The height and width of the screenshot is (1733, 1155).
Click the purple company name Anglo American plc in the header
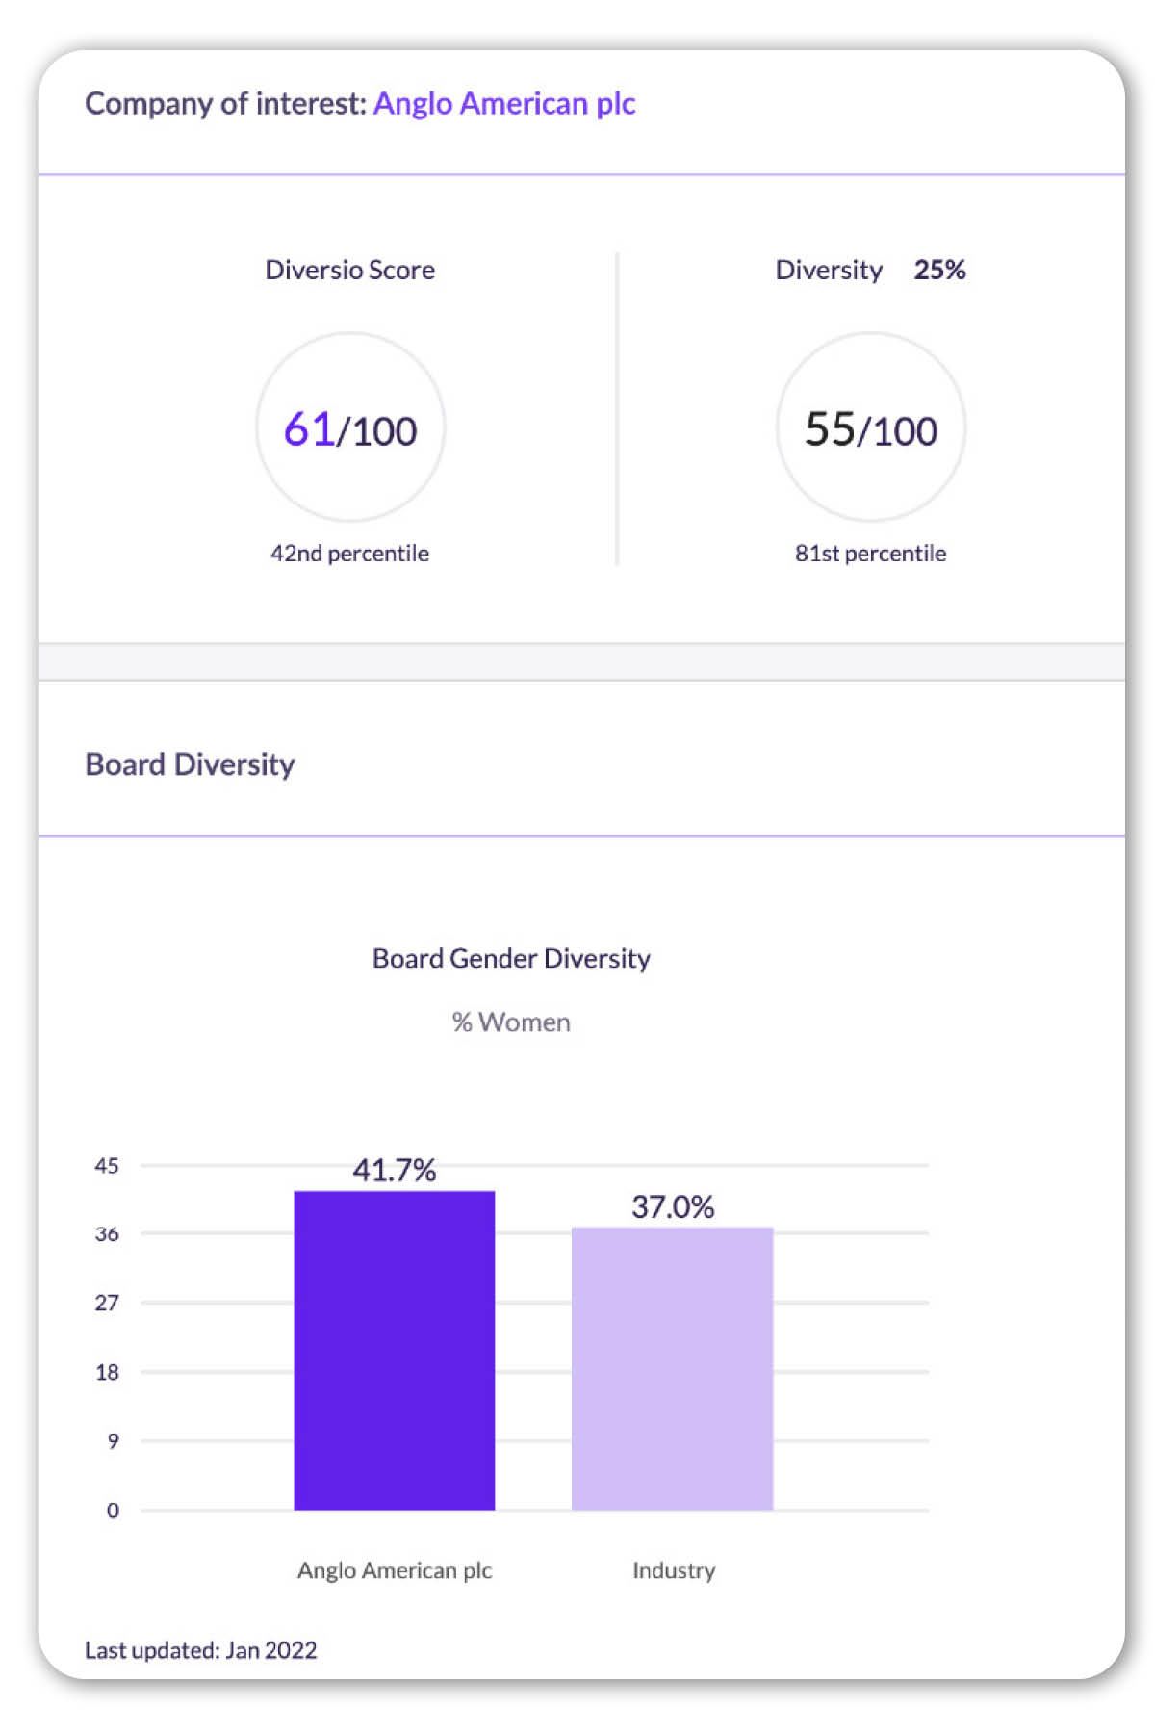(x=504, y=104)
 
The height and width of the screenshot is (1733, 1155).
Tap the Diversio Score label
(x=349, y=270)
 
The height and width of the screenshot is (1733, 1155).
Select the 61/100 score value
(x=350, y=430)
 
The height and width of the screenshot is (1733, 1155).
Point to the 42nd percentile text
(x=349, y=554)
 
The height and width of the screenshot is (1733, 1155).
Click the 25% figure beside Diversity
(x=939, y=270)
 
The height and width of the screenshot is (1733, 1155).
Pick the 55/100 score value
(x=871, y=430)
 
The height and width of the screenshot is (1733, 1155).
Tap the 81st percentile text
(x=870, y=554)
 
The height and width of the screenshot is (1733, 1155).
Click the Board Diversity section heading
(x=190, y=764)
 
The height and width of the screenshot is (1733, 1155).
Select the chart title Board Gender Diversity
(x=511, y=959)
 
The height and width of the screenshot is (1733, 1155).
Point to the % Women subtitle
(x=511, y=1022)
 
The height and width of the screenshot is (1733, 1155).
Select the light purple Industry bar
(x=673, y=1368)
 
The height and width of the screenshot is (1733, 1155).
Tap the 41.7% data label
(x=395, y=1171)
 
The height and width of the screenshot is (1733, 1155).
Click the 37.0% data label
(x=673, y=1207)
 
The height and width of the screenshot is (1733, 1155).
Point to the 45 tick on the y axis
(x=107, y=1166)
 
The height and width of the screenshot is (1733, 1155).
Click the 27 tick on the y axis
(x=107, y=1303)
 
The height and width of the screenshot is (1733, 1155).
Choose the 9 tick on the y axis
(x=114, y=1441)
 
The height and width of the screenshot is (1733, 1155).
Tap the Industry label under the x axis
(x=674, y=1570)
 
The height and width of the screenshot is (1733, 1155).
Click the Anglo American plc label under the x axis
(x=395, y=1570)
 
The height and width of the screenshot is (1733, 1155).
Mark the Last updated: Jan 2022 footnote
(x=201, y=1650)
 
